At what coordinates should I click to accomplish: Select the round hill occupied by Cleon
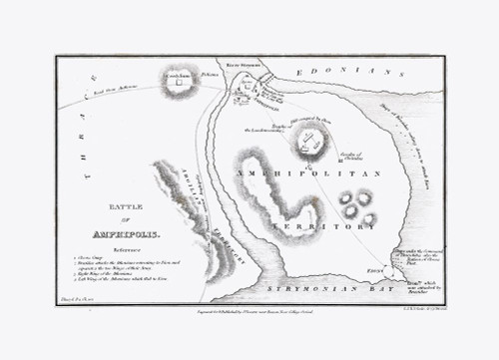point(311,140)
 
